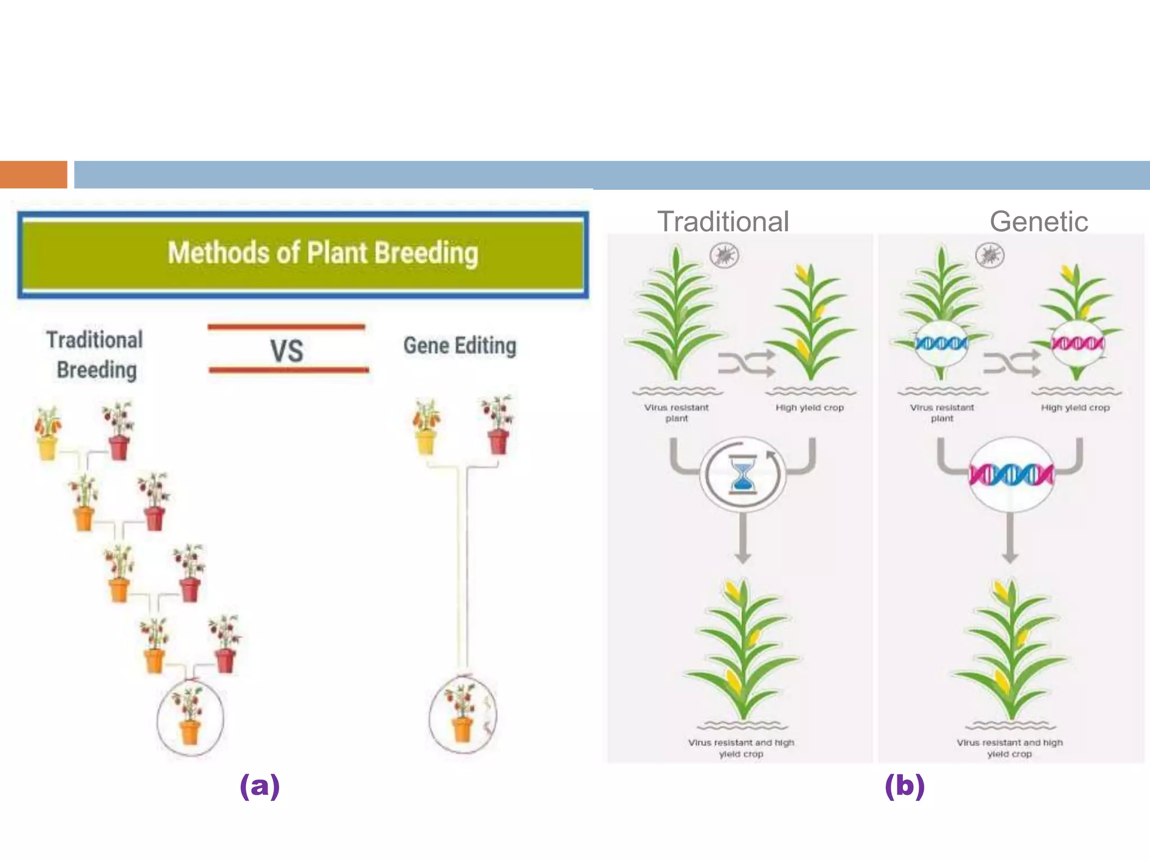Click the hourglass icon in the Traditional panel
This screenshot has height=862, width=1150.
click(x=742, y=475)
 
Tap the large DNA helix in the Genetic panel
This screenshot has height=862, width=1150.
click(x=1011, y=475)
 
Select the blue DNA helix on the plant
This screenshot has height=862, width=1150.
click(x=942, y=342)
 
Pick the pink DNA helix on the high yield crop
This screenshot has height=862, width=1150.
click(x=1076, y=342)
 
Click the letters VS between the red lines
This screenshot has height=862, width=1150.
click(x=286, y=351)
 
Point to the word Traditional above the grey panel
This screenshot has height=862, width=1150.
click(x=723, y=221)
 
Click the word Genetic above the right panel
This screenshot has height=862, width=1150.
click(x=1038, y=221)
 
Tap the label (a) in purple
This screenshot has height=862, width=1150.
click(x=259, y=786)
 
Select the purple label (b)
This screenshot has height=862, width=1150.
click(x=904, y=786)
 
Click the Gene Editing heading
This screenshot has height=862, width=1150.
click(x=460, y=346)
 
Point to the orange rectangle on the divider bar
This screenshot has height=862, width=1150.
click(x=33, y=175)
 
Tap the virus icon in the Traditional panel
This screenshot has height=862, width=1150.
click(x=724, y=255)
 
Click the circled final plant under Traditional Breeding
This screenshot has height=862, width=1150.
click(x=190, y=717)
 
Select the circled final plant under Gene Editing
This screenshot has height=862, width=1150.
click(x=463, y=715)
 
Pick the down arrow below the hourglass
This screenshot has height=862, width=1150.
click(x=743, y=539)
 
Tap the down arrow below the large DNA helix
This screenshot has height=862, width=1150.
click(x=1010, y=539)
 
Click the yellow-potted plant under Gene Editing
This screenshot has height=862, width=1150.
click(x=426, y=426)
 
